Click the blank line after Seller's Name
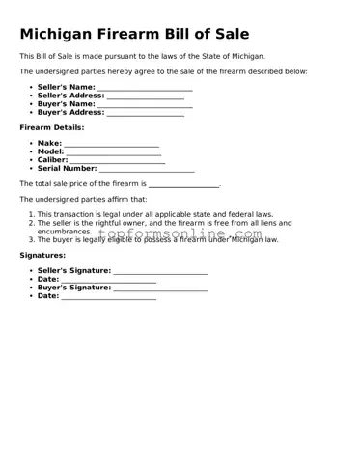(x=145, y=89)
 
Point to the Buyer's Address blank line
(x=145, y=113)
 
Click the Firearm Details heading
(x=52, y=127)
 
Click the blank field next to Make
(x=111, y=145)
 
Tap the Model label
(x=50, y=151)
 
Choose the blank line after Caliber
(x=116, y=161)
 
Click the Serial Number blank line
(x=147, y=169)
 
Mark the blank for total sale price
(x=183, y=184)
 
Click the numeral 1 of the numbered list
(x=31, y=214)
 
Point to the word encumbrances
(x=65, y=232)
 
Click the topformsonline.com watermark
(x=179, y=234)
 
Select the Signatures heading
(x=42, y=255)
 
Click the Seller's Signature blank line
(x=160, y=272)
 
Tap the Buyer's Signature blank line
(x=160, y=288)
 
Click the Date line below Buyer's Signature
(x=108, y=297)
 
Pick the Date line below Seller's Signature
(x=108, y=281)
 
